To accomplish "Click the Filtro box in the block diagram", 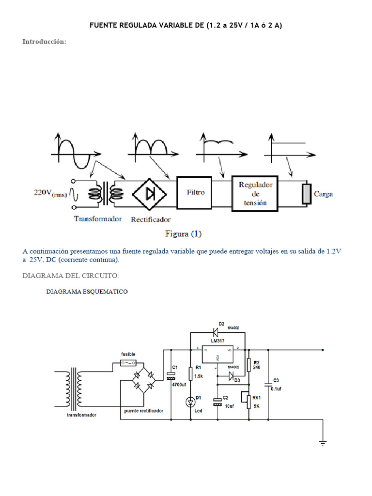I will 196,192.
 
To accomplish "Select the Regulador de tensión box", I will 256,193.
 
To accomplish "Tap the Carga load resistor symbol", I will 306,194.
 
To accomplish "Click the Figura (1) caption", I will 184,234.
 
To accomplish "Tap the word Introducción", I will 44,42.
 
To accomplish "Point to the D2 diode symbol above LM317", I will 215,332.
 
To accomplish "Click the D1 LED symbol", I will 190,401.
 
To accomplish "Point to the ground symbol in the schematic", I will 323,441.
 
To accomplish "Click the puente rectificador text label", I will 143,410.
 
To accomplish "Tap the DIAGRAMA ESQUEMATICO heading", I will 87,292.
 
